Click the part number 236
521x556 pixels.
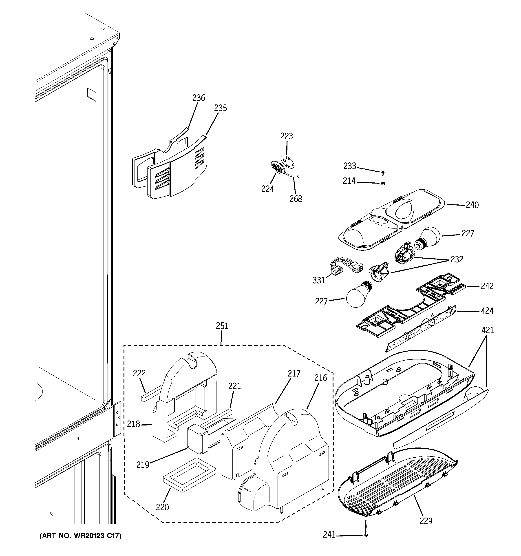tap(199, 98)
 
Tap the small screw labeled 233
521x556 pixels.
tap(383, 173)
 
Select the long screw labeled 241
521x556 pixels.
tap(366, 528)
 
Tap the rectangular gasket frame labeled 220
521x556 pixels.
tap(190, 475)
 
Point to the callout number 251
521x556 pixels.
tap(222, 326)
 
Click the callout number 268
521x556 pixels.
tap(296, 199)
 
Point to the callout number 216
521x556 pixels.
tap(320, 378)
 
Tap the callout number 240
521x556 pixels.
tap(472, 205)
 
